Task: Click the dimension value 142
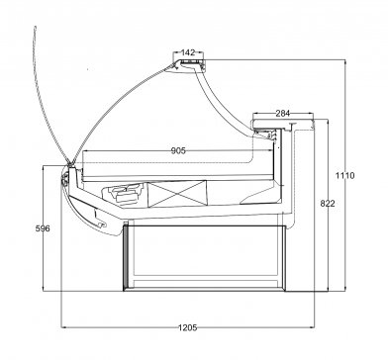tap(188, 52)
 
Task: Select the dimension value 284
tap(283, 114)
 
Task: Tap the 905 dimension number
tap(178, 150)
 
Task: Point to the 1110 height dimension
tap(345, 175)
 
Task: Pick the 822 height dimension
tap(328, 204)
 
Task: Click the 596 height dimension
tap(43, 228)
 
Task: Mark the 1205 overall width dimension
tap(187, 327)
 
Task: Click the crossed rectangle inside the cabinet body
tap(177, 194)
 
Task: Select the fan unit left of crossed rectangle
tap(124, 194)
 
